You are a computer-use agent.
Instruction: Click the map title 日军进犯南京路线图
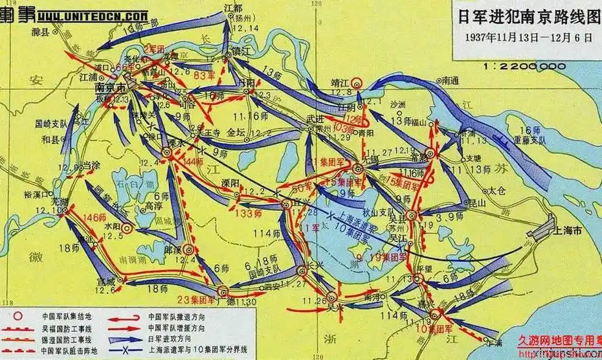coord(525,16)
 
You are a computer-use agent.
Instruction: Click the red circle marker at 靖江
coord(356,82)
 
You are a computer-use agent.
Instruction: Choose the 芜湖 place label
coord(44,201)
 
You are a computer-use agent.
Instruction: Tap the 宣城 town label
coord(105,280)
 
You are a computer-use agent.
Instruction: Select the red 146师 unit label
coord(93,218)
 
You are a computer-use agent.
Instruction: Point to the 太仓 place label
coord(495,190)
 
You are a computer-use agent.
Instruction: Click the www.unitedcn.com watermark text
coord(92,14)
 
